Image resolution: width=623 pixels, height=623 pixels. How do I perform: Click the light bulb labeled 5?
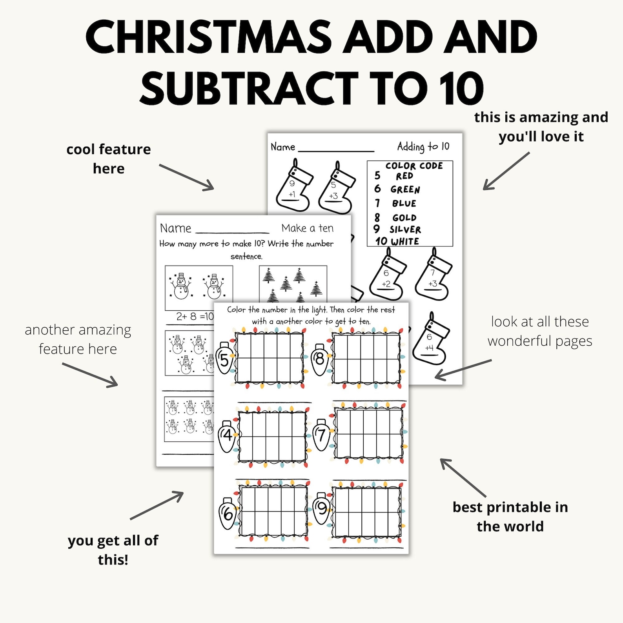pyautogui.click(x=224, y=358)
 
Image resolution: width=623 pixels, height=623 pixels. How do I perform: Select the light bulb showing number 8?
pyautogui.click(x=320, y=359)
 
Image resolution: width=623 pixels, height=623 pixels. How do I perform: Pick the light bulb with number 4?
pyautogui.click(x=227, y=436)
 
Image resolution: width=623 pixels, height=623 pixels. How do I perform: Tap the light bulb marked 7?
pyautogui.click(x=321, y=434)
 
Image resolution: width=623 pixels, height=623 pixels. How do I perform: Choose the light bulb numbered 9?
pyautogui.click(x=322, y=508)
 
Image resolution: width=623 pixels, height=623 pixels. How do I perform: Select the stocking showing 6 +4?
pyautogui.click(x=430, y=341)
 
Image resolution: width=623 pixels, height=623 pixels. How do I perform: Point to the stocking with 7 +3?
pyautogui.click(x=433, y=277)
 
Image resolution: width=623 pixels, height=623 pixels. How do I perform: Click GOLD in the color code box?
pyautogui.click(x=404, y=218)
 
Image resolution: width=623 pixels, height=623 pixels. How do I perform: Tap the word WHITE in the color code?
pyautogui.click(x=405, y=241)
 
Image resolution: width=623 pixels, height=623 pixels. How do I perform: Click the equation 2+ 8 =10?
pyautogui.click(x=194, y=316)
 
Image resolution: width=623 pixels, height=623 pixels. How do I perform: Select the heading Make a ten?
pyautogui.click(x=307, y=228)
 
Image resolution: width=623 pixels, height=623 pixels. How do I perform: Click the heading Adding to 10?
pyautogui.click(x=423, y=147)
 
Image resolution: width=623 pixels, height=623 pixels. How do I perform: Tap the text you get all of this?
pyautogui.click(x=113, y=550)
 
